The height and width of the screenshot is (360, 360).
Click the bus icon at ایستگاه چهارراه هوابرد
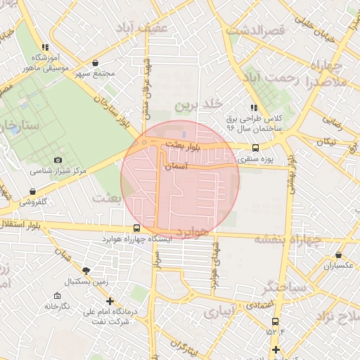click(x=137, y=228)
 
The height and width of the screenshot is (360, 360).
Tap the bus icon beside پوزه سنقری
click(x=255, y=148)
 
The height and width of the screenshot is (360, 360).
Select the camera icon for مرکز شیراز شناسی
click(x=58, y=160)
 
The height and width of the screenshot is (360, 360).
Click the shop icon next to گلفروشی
click(x=33, y=191)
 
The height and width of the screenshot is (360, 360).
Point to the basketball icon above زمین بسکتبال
click(x=86, y=270)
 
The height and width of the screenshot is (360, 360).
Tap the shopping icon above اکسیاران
click(x=339, y=255)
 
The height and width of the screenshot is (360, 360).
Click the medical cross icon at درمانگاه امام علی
click(x=110, y=301)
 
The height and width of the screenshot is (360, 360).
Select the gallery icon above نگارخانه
click(x=57, y=296)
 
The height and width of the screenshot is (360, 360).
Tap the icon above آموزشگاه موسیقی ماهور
click(x=45, y=46)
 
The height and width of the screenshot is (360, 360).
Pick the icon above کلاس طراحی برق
click(x=253, y=108)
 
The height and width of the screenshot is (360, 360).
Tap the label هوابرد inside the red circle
click(x=191, y=231)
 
